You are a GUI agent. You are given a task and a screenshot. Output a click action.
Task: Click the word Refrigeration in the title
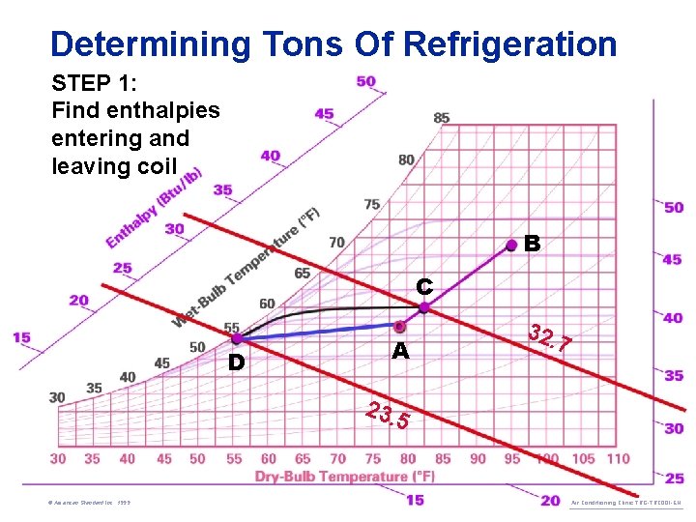point(509,43)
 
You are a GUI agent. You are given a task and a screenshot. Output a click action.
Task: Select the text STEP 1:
point(94,81)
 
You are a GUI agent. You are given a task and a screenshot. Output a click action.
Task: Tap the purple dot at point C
point(424,307)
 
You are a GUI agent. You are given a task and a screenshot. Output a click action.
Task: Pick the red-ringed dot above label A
point(400,327)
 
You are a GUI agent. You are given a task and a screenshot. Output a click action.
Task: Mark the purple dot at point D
point(236,338)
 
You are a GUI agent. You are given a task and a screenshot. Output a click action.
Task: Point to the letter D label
point(236,363)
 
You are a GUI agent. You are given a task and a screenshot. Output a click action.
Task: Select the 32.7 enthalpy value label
point(550,338)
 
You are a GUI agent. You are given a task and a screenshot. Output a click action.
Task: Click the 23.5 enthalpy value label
point(388,415)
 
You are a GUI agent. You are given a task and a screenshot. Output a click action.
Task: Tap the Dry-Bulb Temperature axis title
point(345,477)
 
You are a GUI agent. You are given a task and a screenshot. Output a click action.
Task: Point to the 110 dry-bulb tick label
point(616,458)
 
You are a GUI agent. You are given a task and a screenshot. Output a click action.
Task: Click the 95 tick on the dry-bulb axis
point(512,458)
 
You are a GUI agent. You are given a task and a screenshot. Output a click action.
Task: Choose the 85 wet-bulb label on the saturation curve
point(441,118)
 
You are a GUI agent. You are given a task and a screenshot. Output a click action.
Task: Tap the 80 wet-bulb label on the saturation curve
point(406,159)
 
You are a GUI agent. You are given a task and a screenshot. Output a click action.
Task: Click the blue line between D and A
point(319,332)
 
